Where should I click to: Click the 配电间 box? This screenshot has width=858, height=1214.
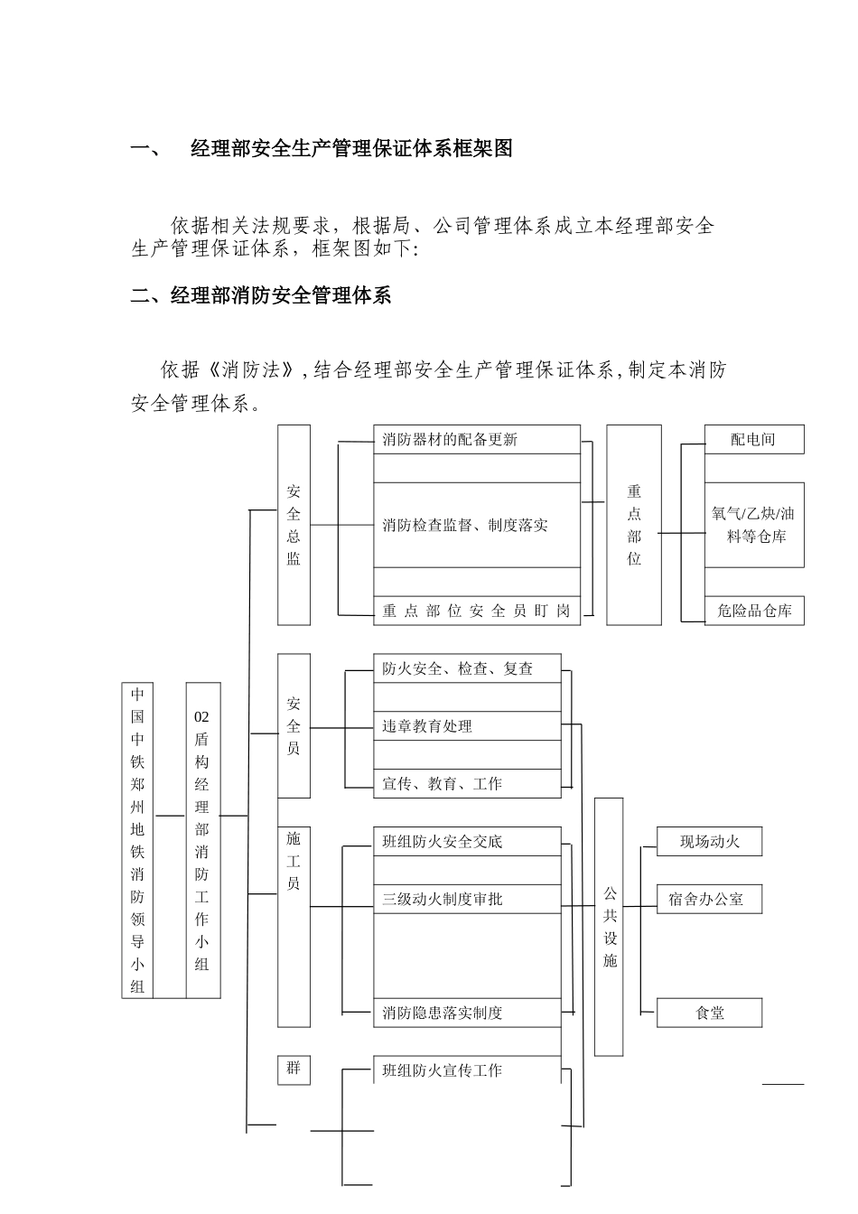pos(753,440)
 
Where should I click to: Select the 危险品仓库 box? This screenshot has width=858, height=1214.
pos(754,611)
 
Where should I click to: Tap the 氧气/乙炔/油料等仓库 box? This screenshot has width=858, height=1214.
pos(754,525)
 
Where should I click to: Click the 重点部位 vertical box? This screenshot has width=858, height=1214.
pos(634,525)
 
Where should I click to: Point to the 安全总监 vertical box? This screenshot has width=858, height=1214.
pos(294,525)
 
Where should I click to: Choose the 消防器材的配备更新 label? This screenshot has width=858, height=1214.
pos(450,440)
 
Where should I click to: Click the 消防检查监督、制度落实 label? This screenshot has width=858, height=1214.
pos(465,525)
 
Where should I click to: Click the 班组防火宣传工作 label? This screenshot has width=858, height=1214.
pos(442,1070)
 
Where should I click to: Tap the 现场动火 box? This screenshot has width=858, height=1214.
pos(710,842)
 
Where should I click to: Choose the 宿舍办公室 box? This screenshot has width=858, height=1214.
pos(710,899)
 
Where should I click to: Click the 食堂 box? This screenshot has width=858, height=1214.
pos(710,1013)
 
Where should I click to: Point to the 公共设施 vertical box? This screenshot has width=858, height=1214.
pos(610,927)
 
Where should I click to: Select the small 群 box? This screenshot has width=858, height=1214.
pos(294,1069)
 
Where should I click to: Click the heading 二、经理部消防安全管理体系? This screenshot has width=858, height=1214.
pos(261,295)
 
